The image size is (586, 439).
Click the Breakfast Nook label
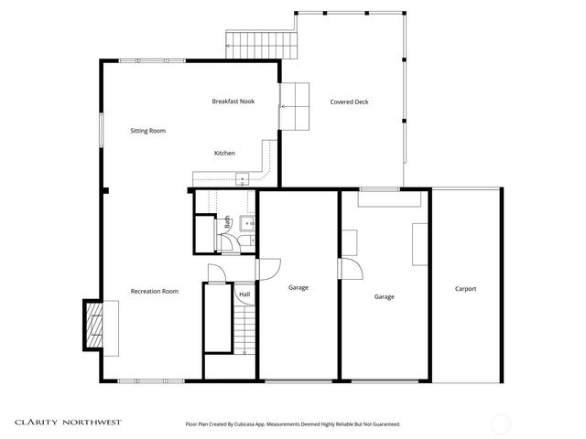coord(233,102)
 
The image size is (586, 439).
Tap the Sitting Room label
coord(147,132)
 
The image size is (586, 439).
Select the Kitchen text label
coord(224,153)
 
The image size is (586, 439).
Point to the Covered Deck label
coord(349,102)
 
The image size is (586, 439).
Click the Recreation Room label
coord(154,291)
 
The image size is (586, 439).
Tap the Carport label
coord(465,289)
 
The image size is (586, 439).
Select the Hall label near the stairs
coord(244,294)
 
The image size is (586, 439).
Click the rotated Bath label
coord(227,221)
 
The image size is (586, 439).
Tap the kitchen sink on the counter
coord(243,179)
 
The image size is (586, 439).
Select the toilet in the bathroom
coord(226,241)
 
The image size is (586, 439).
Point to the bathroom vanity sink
coord(246,221)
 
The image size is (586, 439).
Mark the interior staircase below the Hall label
coord(244,331)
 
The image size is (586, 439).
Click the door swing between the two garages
coord(349,269)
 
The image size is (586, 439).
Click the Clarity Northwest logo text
coord(68,423)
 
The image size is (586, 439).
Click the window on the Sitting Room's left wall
coord(102,129)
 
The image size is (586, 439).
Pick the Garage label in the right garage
coord(384,296)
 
